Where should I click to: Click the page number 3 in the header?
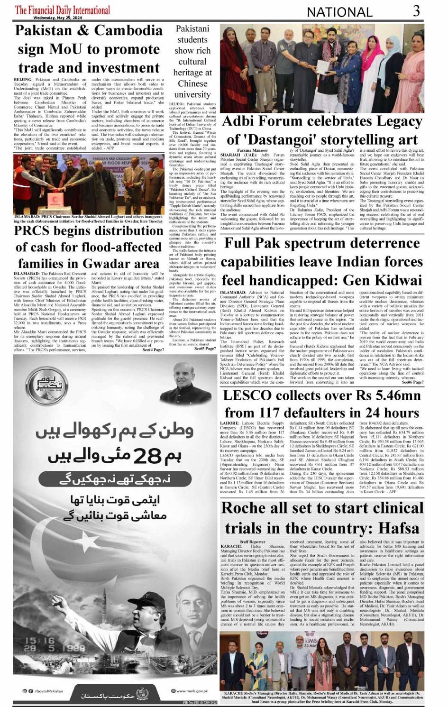(416, 10)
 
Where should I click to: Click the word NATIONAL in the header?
(340, 12)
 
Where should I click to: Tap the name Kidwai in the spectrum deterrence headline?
(394, 280)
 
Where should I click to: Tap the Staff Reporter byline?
(253, 542)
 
